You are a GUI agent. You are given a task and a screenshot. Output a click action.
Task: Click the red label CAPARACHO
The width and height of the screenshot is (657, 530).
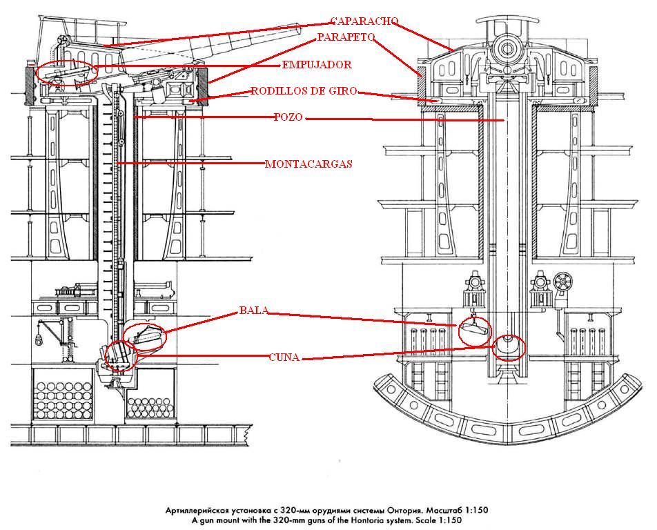pos(364,21)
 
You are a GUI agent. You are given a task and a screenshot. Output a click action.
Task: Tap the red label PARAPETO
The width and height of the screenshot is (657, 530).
pos(346,37)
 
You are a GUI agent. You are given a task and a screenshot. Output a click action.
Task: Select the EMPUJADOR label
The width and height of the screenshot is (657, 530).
pos(317,65)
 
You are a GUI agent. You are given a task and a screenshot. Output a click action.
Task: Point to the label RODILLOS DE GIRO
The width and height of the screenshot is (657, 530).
pos(304,91)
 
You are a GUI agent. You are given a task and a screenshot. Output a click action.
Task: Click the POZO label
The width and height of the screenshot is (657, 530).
pos(288,117)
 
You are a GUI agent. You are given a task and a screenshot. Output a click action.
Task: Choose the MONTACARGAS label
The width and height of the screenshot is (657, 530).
pos(308,164)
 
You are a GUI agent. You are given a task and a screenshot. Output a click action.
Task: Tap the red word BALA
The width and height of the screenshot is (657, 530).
pos(253,311)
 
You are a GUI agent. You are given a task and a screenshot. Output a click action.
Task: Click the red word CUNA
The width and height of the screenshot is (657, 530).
pos(284,357)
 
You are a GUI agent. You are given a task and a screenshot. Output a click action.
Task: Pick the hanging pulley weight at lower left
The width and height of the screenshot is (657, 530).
pos(39,341)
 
